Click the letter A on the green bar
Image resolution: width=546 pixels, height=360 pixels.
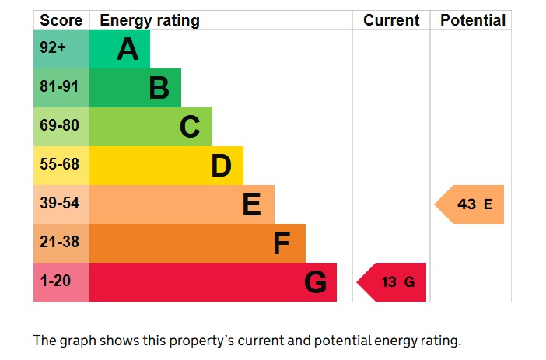(128, 50)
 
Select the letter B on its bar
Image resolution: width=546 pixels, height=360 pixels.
(159, 89)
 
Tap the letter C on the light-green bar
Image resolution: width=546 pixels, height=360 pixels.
(190, 127)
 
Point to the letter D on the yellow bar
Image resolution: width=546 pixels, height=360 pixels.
(221, 166)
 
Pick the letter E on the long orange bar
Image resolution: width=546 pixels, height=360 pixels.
(251, 204)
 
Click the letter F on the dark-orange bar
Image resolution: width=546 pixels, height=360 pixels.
(282, 243)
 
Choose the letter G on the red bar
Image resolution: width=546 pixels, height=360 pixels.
(315, 282)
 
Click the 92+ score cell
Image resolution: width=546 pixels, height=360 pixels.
(54, 48)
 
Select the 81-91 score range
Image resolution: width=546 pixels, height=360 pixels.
(60, 87)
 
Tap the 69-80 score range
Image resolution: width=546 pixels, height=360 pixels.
(60, 126)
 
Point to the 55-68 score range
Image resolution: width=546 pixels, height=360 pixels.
(60, 165)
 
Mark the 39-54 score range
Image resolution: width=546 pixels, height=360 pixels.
(60, 204)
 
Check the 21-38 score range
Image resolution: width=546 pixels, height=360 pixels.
(60, 243)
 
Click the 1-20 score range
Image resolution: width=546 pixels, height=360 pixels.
(55, 281)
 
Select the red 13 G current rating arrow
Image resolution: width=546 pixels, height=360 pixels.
(393, 282)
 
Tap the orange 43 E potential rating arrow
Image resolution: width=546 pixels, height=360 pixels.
(471, 204)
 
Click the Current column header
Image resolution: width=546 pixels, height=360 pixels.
(391, 20)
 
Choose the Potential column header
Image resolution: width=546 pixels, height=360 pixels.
(472, 20)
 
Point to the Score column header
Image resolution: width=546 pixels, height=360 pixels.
(61, 20)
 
